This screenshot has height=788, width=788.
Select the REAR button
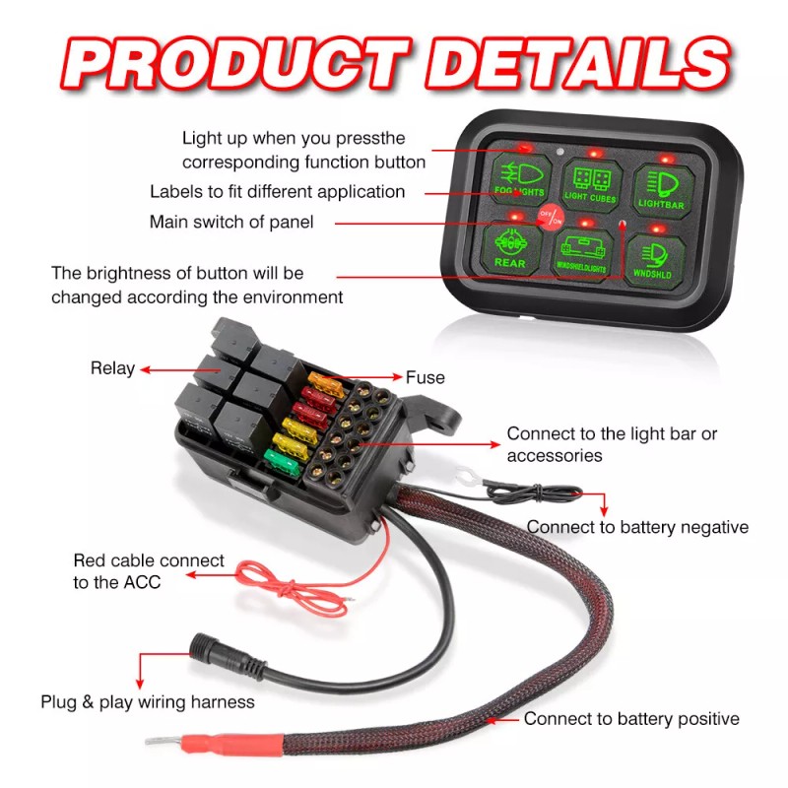(x=510, y=249)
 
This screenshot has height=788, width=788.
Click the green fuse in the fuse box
(x=282, y=457)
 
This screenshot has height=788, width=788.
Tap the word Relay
(x=112, y=368)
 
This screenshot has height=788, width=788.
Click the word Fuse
(x=425, y=377)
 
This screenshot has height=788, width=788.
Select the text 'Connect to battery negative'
(x=636, y=527)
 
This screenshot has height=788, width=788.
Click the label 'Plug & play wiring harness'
(x=148, y=702)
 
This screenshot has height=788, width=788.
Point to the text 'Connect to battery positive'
(x=630, y=719)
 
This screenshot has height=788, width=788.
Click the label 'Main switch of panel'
(x=231, y=222)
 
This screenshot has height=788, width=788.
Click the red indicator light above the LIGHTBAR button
(x=667, y=158)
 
